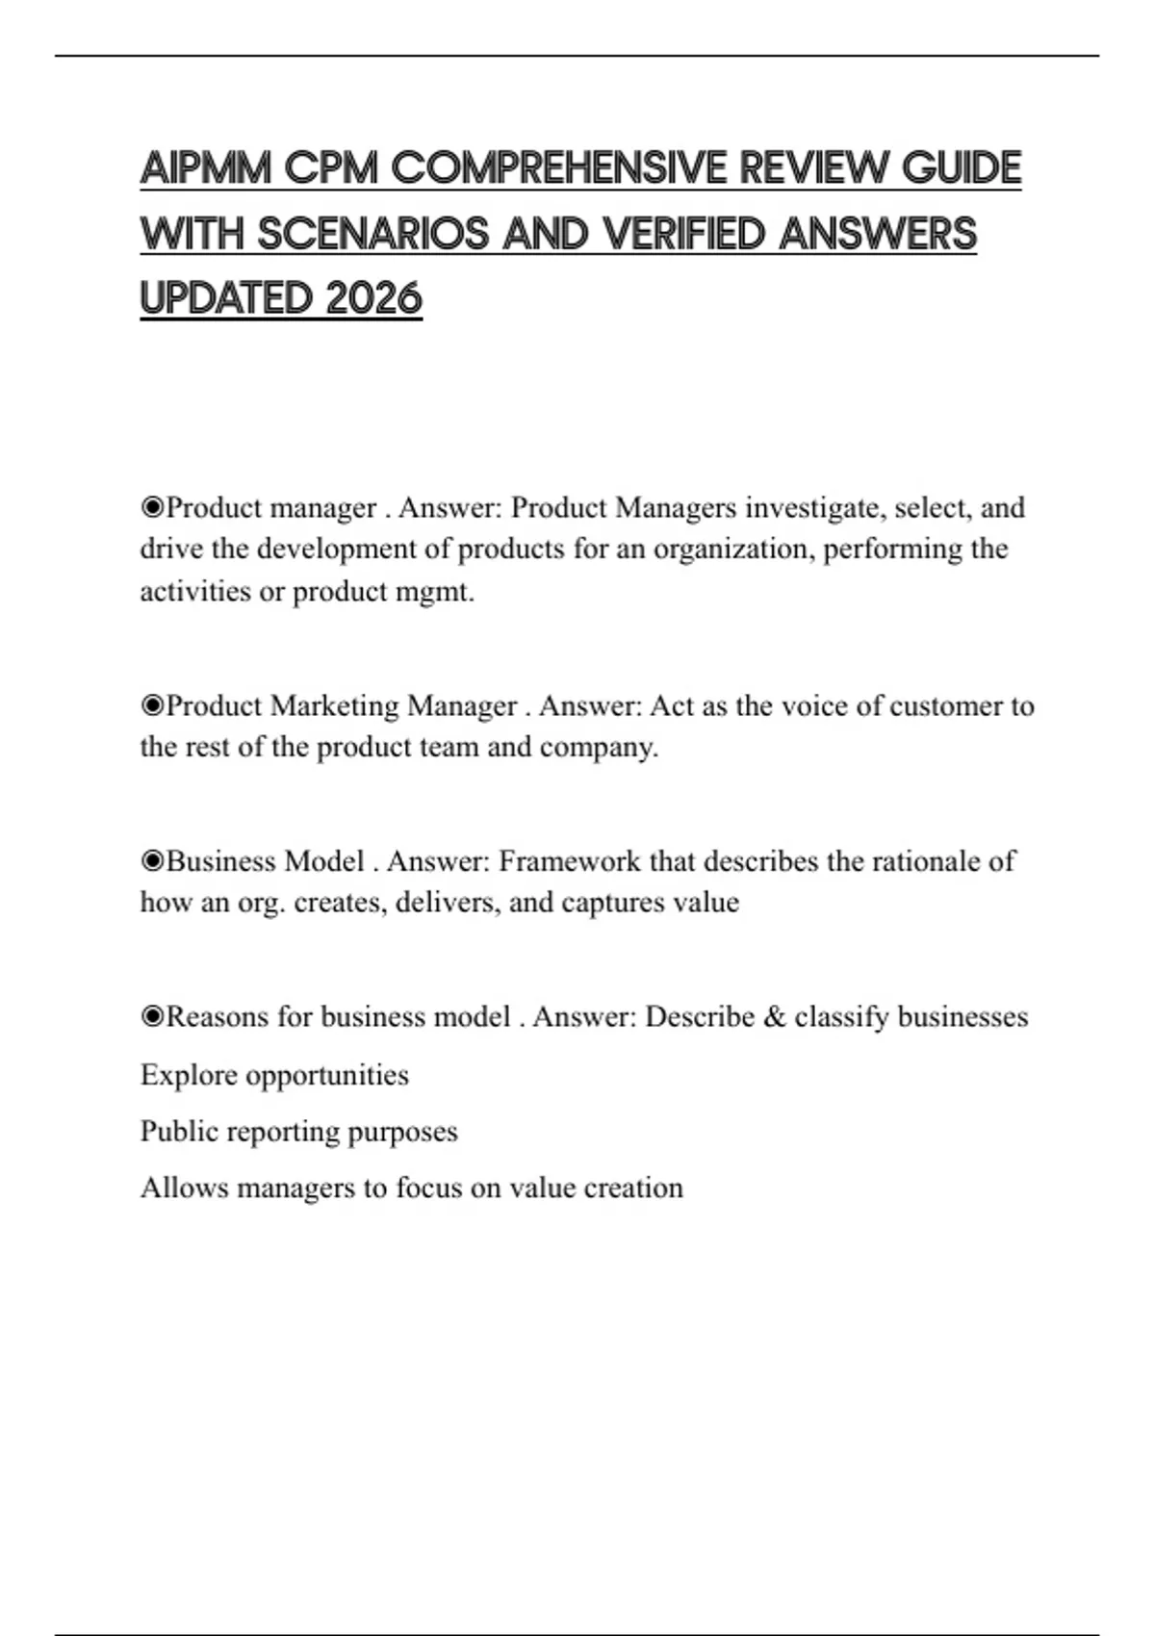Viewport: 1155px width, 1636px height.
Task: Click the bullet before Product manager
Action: point(152,507)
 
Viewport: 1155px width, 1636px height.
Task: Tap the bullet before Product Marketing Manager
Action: point(152,705)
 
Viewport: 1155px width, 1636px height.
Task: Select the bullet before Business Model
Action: point(152,860)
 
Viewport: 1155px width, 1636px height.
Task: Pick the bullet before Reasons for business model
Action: point(152,1016)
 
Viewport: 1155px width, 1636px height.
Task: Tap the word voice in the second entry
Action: point(814,705)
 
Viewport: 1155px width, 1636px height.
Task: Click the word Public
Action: point(174,1131)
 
